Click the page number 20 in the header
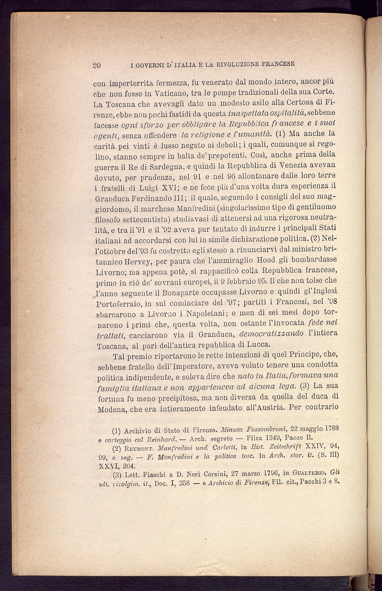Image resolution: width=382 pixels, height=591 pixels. pos(97,65)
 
